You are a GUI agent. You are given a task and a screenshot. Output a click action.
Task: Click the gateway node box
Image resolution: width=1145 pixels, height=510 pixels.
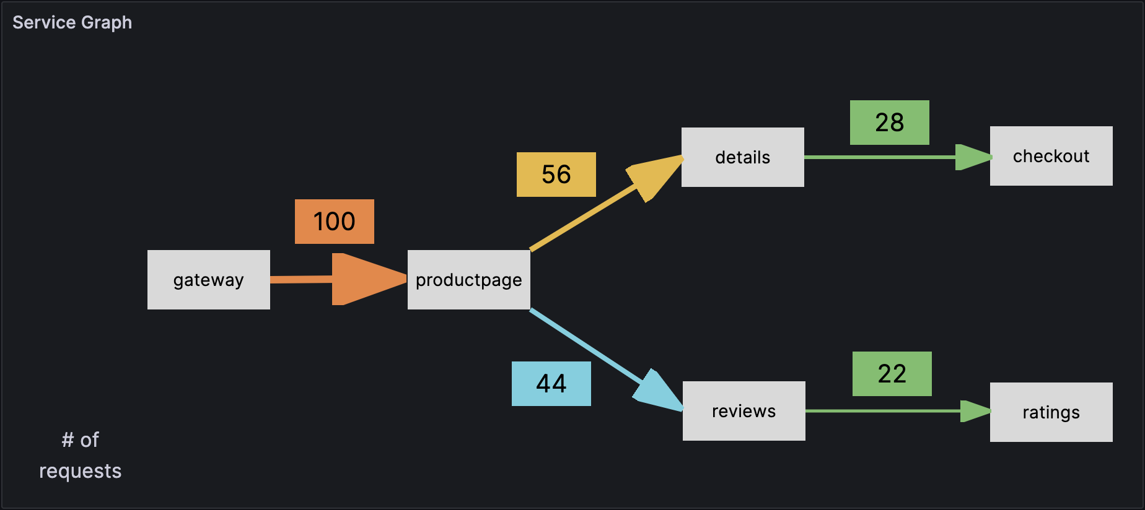pos(208,280)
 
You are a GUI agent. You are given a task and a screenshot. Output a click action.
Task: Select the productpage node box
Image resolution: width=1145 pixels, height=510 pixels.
pos(468,280)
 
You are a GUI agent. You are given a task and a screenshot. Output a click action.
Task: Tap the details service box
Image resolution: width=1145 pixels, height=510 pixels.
pos(742,157)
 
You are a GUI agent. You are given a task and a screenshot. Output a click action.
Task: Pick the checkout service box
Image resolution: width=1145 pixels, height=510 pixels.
pos(1051,156)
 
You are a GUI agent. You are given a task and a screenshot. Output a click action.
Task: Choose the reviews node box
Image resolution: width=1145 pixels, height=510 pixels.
pos(744,411)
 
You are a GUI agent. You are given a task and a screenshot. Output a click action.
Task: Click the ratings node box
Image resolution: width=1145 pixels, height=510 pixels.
pos(1051,412)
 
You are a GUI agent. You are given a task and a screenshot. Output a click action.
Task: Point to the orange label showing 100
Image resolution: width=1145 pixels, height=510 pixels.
pos(334,222)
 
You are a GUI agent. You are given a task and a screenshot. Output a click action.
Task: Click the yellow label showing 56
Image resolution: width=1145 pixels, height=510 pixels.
pos(556,175)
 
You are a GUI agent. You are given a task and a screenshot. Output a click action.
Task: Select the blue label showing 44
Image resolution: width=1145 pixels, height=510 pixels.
pos(551,384)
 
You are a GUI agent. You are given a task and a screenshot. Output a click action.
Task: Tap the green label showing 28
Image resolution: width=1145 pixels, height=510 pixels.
pos(889,123)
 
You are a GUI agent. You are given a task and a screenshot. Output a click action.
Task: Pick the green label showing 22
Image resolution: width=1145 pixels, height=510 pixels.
pos(892,374)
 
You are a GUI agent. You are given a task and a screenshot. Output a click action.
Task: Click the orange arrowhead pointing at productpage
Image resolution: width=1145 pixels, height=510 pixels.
pos(362,279)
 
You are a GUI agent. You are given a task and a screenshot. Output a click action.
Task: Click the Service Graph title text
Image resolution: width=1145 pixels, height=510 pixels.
pos(72,22)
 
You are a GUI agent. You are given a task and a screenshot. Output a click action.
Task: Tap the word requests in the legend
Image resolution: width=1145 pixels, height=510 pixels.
pos(80,471)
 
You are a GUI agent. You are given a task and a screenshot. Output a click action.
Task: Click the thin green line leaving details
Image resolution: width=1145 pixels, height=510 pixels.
pos(880,157)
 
